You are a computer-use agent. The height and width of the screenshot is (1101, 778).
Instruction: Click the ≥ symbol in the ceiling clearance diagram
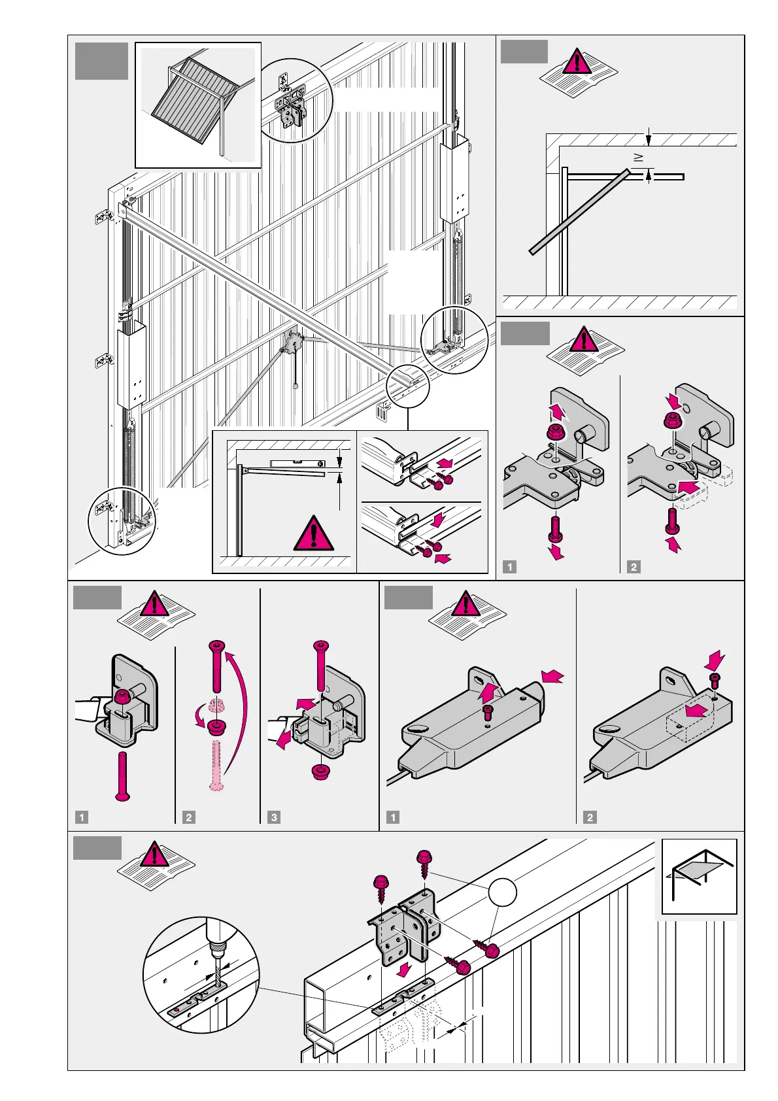coord(639,158)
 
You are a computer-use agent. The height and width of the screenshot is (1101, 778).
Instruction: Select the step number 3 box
coord(274,817)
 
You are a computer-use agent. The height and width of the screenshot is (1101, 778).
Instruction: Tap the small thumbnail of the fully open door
coord(699,876)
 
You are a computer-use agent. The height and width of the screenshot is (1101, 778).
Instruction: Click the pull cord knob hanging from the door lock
coord(296,386)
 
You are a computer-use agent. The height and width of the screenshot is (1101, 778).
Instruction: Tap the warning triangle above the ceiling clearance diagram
coord(577,61)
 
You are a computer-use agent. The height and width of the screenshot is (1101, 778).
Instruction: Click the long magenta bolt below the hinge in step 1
coord(122,775)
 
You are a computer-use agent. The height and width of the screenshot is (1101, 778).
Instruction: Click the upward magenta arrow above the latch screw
coord(488,692)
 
